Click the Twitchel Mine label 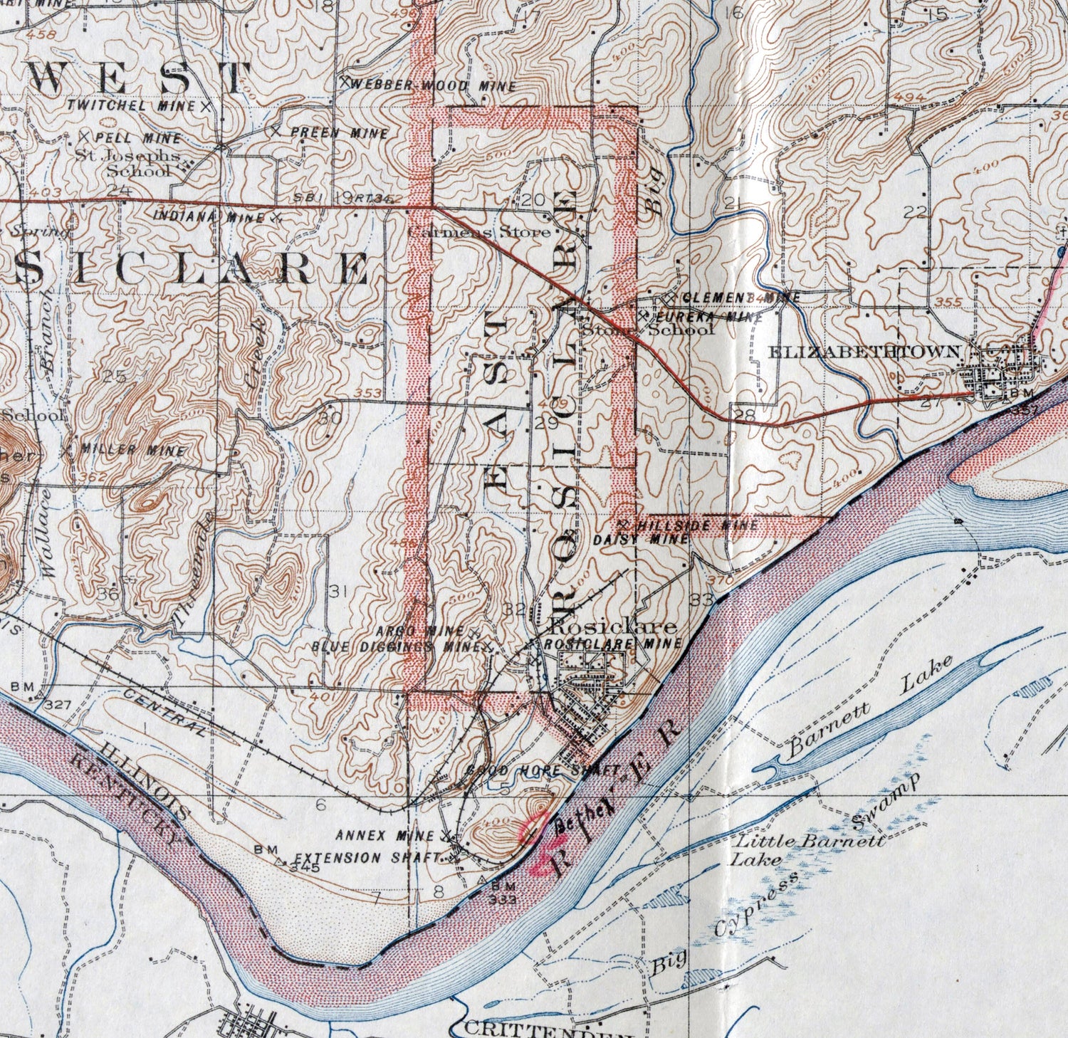[x=131, y=105]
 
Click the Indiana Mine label [x=209, y=217]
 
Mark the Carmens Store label [x=478, y=231]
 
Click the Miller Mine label [x=134, y=451]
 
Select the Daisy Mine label [x=641, y=540]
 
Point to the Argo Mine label [x=419, y=631]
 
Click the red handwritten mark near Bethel [x=538, y=847]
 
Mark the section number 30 [x=330, y=418]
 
